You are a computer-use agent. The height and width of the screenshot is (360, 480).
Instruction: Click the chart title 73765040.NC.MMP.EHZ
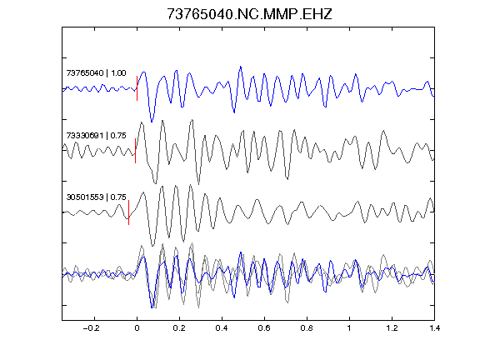coord(249,14)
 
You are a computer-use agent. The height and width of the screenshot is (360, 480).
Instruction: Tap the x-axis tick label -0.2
coord(92,328)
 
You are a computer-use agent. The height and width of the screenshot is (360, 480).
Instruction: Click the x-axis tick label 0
coord(137,328)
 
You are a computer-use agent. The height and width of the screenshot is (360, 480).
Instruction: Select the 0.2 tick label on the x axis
coord(179,328)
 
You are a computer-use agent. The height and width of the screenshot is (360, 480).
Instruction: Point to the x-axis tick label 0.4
coord(222,328)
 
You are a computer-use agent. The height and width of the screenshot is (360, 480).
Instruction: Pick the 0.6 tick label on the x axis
coord(264,328)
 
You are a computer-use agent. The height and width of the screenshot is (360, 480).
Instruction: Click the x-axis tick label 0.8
coord(307,328)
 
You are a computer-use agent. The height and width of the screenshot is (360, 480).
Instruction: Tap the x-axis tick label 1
coord(349,328)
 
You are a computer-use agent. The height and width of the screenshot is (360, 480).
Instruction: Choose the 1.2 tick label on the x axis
coord(392,328)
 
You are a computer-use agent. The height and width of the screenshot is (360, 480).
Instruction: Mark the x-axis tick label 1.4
coord(434,328)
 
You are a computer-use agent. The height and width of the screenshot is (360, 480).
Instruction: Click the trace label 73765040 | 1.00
coord(96,73)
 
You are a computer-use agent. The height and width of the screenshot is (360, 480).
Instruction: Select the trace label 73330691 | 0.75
coord(96,135)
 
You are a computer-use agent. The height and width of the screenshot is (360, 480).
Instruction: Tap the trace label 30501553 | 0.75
coord(96,197)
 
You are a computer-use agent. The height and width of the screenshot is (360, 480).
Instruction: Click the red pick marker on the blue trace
coord(137,88)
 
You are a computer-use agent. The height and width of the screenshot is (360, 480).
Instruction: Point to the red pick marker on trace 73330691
coord(135,151)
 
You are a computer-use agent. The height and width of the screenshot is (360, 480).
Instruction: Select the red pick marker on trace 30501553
coord(128,212)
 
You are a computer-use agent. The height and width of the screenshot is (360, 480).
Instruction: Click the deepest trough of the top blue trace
coord(152,122)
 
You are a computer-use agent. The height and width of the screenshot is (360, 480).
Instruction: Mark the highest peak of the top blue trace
coord(241,67)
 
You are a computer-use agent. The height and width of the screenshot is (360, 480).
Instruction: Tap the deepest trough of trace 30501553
coord(152,246)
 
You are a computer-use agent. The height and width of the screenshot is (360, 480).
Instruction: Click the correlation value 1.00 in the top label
coord(118,73)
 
